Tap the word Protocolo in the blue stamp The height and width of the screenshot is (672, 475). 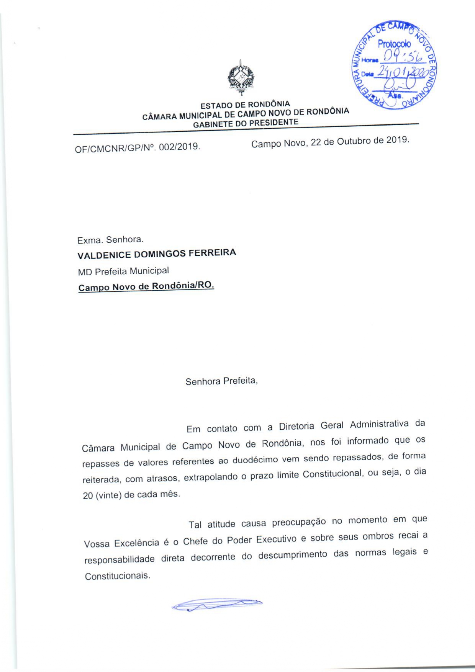click(394, 44)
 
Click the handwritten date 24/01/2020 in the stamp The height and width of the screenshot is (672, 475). click(402, 71)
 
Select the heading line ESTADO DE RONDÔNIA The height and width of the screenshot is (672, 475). click(245, 105)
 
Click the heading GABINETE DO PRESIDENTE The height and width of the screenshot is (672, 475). click(246, 123)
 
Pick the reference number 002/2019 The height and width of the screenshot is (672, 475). click(179, 147)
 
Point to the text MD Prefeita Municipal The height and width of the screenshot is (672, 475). click(123, 271)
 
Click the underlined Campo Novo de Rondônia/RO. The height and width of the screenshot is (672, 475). click(146, 286)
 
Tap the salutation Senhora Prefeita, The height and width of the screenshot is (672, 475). click(221, 381)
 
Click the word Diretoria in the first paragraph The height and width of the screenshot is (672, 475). click(296, 426)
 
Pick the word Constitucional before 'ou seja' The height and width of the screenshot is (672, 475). click(332, 474)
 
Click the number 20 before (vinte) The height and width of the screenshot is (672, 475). click(88, 495)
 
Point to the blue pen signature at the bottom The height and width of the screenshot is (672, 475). click(217, 605)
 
